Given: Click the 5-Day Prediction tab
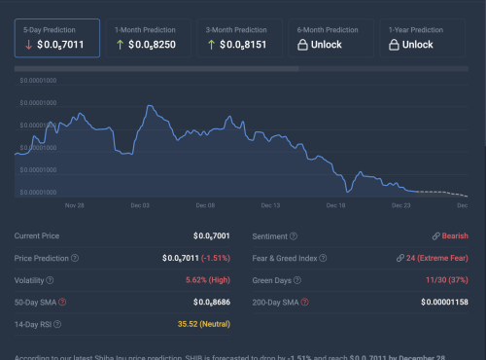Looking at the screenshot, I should pyautogui.click(x=56, y=38).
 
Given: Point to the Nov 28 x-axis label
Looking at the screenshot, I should pyautogui.click(x=75, y=206).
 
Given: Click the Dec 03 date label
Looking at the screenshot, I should pyautogui.click(x=139, y=206).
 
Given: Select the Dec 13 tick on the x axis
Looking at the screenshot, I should pyautogui.click(x=269, y=206).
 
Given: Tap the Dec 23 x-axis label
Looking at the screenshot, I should pyautogui.click(x=400, y=206).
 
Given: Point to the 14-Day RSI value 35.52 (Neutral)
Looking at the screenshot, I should pyautogui.click(x=202, y=325).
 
